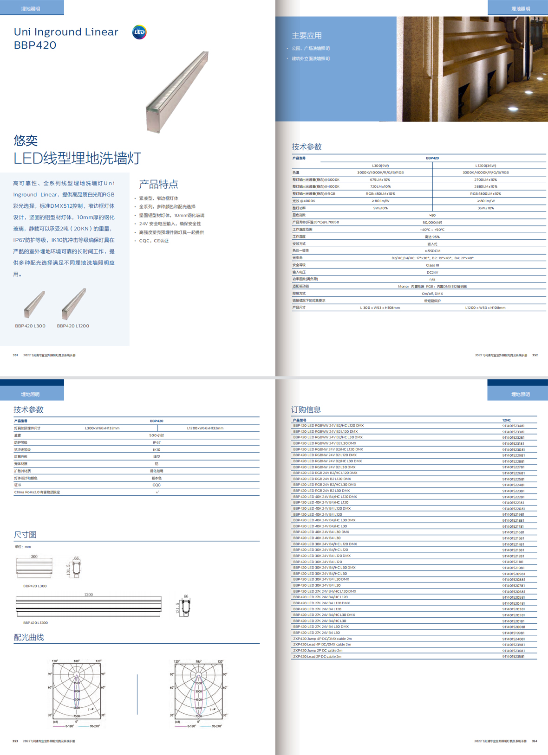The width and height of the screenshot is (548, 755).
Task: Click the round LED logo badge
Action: pyautogui.click(x=139, y=32)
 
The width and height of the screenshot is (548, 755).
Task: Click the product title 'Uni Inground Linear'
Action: pyautogui.click(x=66, y=32)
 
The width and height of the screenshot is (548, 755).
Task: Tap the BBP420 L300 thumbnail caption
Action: pyautogui.click(x=30, y=326)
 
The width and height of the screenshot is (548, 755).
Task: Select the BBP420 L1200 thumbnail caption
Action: pyautogui.click(x=73, y=326)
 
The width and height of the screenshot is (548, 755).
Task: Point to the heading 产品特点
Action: pyautogui.click(x=158, y=184)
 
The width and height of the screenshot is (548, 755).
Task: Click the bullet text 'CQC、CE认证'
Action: pyautogui.click(x=154, y=241)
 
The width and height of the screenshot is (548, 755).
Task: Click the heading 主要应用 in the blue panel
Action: pyautogui.click(x=307, y=36)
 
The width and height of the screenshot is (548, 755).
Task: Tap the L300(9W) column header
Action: pyautogui.click(x=380, y=166)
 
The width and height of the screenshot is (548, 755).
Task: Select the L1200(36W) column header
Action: pyautogui.click(x=485, y=166)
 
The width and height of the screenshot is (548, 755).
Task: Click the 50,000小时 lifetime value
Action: pyautogui.click(x=432, y=223)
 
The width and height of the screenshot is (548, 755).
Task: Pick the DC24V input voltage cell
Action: pyautogui.click(x=432, y=272)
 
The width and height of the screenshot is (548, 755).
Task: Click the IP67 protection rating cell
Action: pyautogui.click(x=157, y=442)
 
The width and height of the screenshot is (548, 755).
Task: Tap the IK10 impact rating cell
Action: pyautogui.click(x=157, y=449)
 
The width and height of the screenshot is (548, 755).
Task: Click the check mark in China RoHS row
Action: pyautogui.click(x=157, y=492)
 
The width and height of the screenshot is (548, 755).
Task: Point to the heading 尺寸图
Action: pyautogui.click(x=25, y=535)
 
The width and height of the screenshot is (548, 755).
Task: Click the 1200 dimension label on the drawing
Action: pyautogui.click(x=88, y=595)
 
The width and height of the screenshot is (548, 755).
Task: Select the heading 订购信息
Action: pyautogui.click(x=306, y=409)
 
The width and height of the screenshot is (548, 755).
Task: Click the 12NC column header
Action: pyautogui.click(x=506, y=420)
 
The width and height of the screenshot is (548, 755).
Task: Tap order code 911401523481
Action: pyautogui.click(x=513, y=426)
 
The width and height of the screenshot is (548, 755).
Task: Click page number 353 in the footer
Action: pyautogui.click(x=15, y=741)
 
